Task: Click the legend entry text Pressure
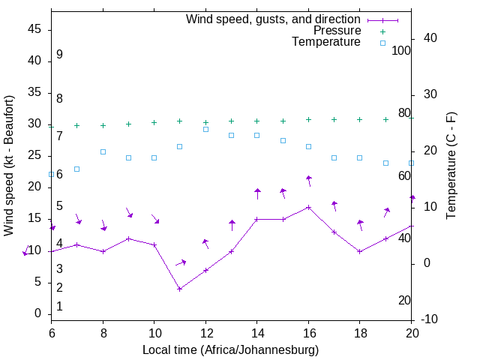[x=337, y=31]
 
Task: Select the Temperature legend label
[x=325, y=42]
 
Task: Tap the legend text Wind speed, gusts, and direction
[x=273, y=19]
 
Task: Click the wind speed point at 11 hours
[x=180, y=289]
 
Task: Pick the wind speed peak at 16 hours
[x=308, y=207]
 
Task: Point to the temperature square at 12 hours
[x=205, y=129]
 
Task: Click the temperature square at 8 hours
[x=103, y=151]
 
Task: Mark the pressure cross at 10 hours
[x=154, y=122]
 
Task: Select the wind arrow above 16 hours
[x=308, y=181]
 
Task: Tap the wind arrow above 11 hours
[x=181, y=262]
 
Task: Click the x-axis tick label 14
[x=256, y=332]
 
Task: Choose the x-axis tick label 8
[x=103, y=332]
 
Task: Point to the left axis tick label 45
[x=34, y=29]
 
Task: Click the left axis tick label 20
[x=34, y=187]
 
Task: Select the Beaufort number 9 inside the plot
[x=59, y=55]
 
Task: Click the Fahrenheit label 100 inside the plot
[x=401, y=50]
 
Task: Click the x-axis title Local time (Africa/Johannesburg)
[x=231, y=349]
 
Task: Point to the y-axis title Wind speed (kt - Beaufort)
[x=10, y=165]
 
